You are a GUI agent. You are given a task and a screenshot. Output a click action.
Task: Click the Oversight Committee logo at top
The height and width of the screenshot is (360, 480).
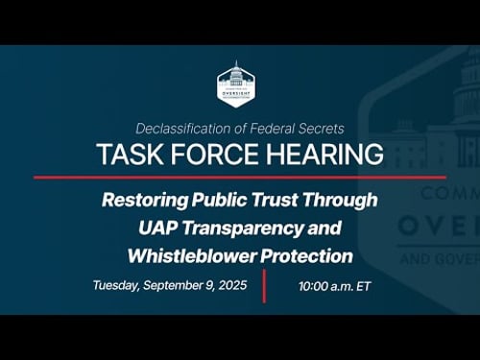click(236, 84)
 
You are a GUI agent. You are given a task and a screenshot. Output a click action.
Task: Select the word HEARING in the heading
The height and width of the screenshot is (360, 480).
click(322, 155)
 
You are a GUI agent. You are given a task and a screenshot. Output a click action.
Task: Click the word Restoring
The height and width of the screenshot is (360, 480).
click(145, 201)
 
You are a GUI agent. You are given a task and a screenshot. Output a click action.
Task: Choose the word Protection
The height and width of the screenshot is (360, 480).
click(306, 256)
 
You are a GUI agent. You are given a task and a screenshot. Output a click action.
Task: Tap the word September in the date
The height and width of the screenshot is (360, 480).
click(181, 285)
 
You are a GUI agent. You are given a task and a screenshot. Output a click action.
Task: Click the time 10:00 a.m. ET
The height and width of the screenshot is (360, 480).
click(334, 286)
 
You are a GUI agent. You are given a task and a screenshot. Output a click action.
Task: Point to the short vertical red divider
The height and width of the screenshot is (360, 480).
click(264, 286)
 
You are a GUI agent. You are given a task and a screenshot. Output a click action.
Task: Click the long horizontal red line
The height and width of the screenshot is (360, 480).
click(240, 177)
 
